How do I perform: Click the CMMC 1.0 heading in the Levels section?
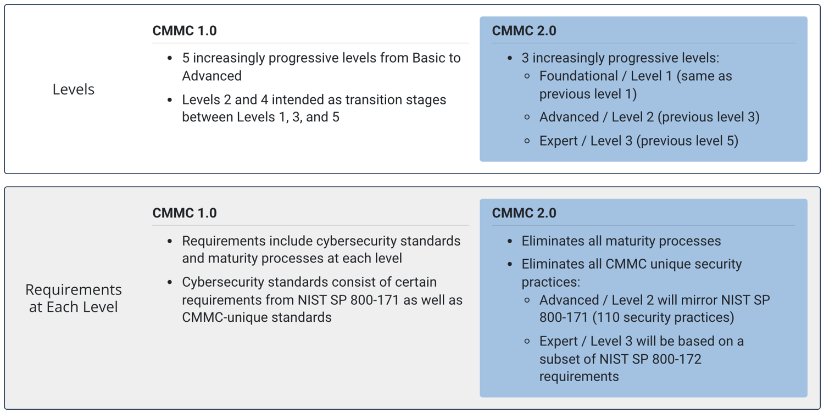(185, 31)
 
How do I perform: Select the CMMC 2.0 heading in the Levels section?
(524, 31)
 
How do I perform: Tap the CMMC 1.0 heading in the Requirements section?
(185, 213)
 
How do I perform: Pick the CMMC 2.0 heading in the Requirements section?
(524, 213)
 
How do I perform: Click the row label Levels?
(74, 90)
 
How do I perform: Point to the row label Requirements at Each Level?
(74, 298)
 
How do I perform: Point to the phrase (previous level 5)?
(688, 141)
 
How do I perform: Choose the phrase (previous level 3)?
(709, 117)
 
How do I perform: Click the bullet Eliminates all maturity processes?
(621, 241)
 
